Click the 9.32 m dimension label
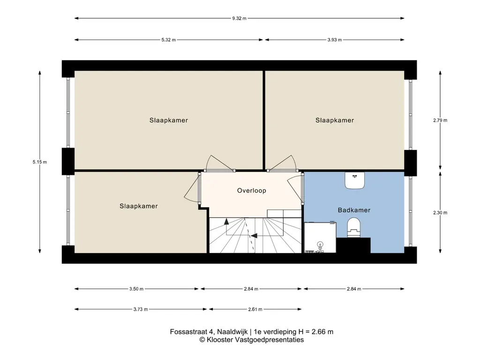coord(239,18)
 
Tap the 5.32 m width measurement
coord(169,40)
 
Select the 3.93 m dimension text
coord(335,40)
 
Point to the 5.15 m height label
coord(40,162)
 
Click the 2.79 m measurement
coord(440,120)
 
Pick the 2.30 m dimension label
coord(440,213)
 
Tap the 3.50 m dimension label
coord(136,289)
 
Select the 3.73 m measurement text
coord(141,309)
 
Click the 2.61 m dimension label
coord(255,309)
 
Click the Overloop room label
coord(252,190)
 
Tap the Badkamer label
coord(354,210)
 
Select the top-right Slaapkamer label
coord(335,120)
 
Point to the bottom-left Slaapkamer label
coord(139,206)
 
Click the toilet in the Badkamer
coord(354,227)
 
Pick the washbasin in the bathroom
coord(355,180)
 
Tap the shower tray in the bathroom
coord(320,238)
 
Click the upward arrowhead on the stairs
coord(226,221)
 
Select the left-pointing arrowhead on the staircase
coord(254,235)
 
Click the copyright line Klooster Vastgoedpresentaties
coord(252,340)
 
